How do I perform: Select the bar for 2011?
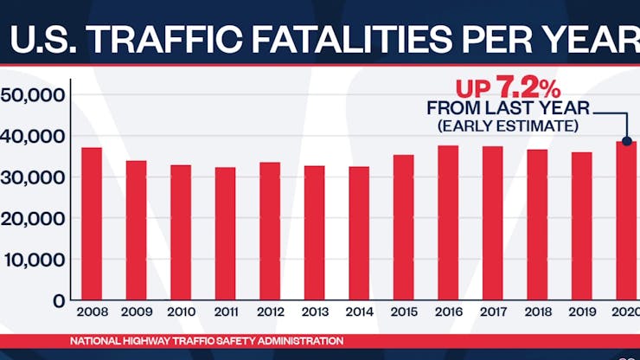tap(225, 234)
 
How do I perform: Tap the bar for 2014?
tap(359, 234)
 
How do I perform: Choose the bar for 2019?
tap(582, 226)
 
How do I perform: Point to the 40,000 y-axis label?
tap(35, 137)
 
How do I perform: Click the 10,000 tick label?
tap(35, 260)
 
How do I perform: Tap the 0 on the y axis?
tap(59, 301)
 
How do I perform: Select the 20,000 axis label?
tap(35, 219)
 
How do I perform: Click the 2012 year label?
tap(270, 312)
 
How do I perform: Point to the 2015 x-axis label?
tap(404, 312)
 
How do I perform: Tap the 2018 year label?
tap(537, 312)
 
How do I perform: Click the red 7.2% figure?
tap(527, 88)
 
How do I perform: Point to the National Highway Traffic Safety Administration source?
tap(207, 341)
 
